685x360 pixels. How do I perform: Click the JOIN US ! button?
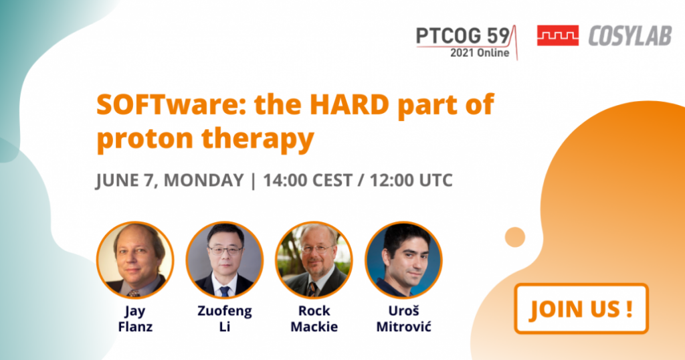coord(581,308)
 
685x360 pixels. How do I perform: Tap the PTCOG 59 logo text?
coord(463,36)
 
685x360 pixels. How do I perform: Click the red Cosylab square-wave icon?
coord(558,35)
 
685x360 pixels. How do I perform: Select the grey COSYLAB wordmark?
coord(630,36)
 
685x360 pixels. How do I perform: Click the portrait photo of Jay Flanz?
coord(135,260)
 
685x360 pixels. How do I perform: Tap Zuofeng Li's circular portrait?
coord(225,260)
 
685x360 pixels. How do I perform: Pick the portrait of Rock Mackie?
coord(314,260)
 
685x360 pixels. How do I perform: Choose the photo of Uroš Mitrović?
coord(403,260)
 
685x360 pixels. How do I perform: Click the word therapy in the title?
coord(258,139)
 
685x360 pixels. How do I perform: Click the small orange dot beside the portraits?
coord(515,238)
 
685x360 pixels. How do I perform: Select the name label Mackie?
coord(314,327)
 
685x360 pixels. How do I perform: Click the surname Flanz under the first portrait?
coord(135,327)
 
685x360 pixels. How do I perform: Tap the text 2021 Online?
coord(480,53)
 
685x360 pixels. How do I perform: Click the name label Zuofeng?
coord(225,312)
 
